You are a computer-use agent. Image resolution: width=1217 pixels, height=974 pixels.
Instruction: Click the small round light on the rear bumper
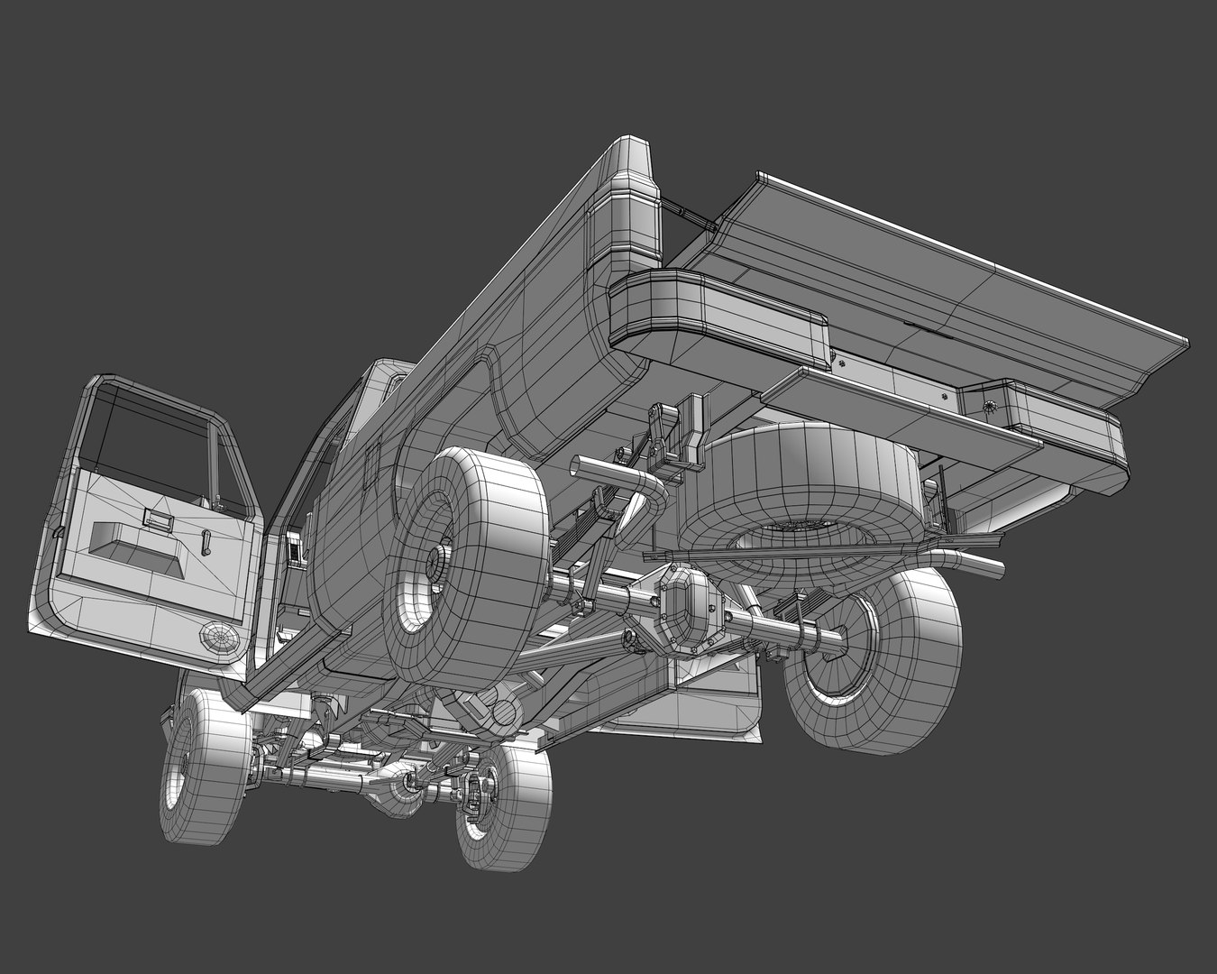coord(993,407)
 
